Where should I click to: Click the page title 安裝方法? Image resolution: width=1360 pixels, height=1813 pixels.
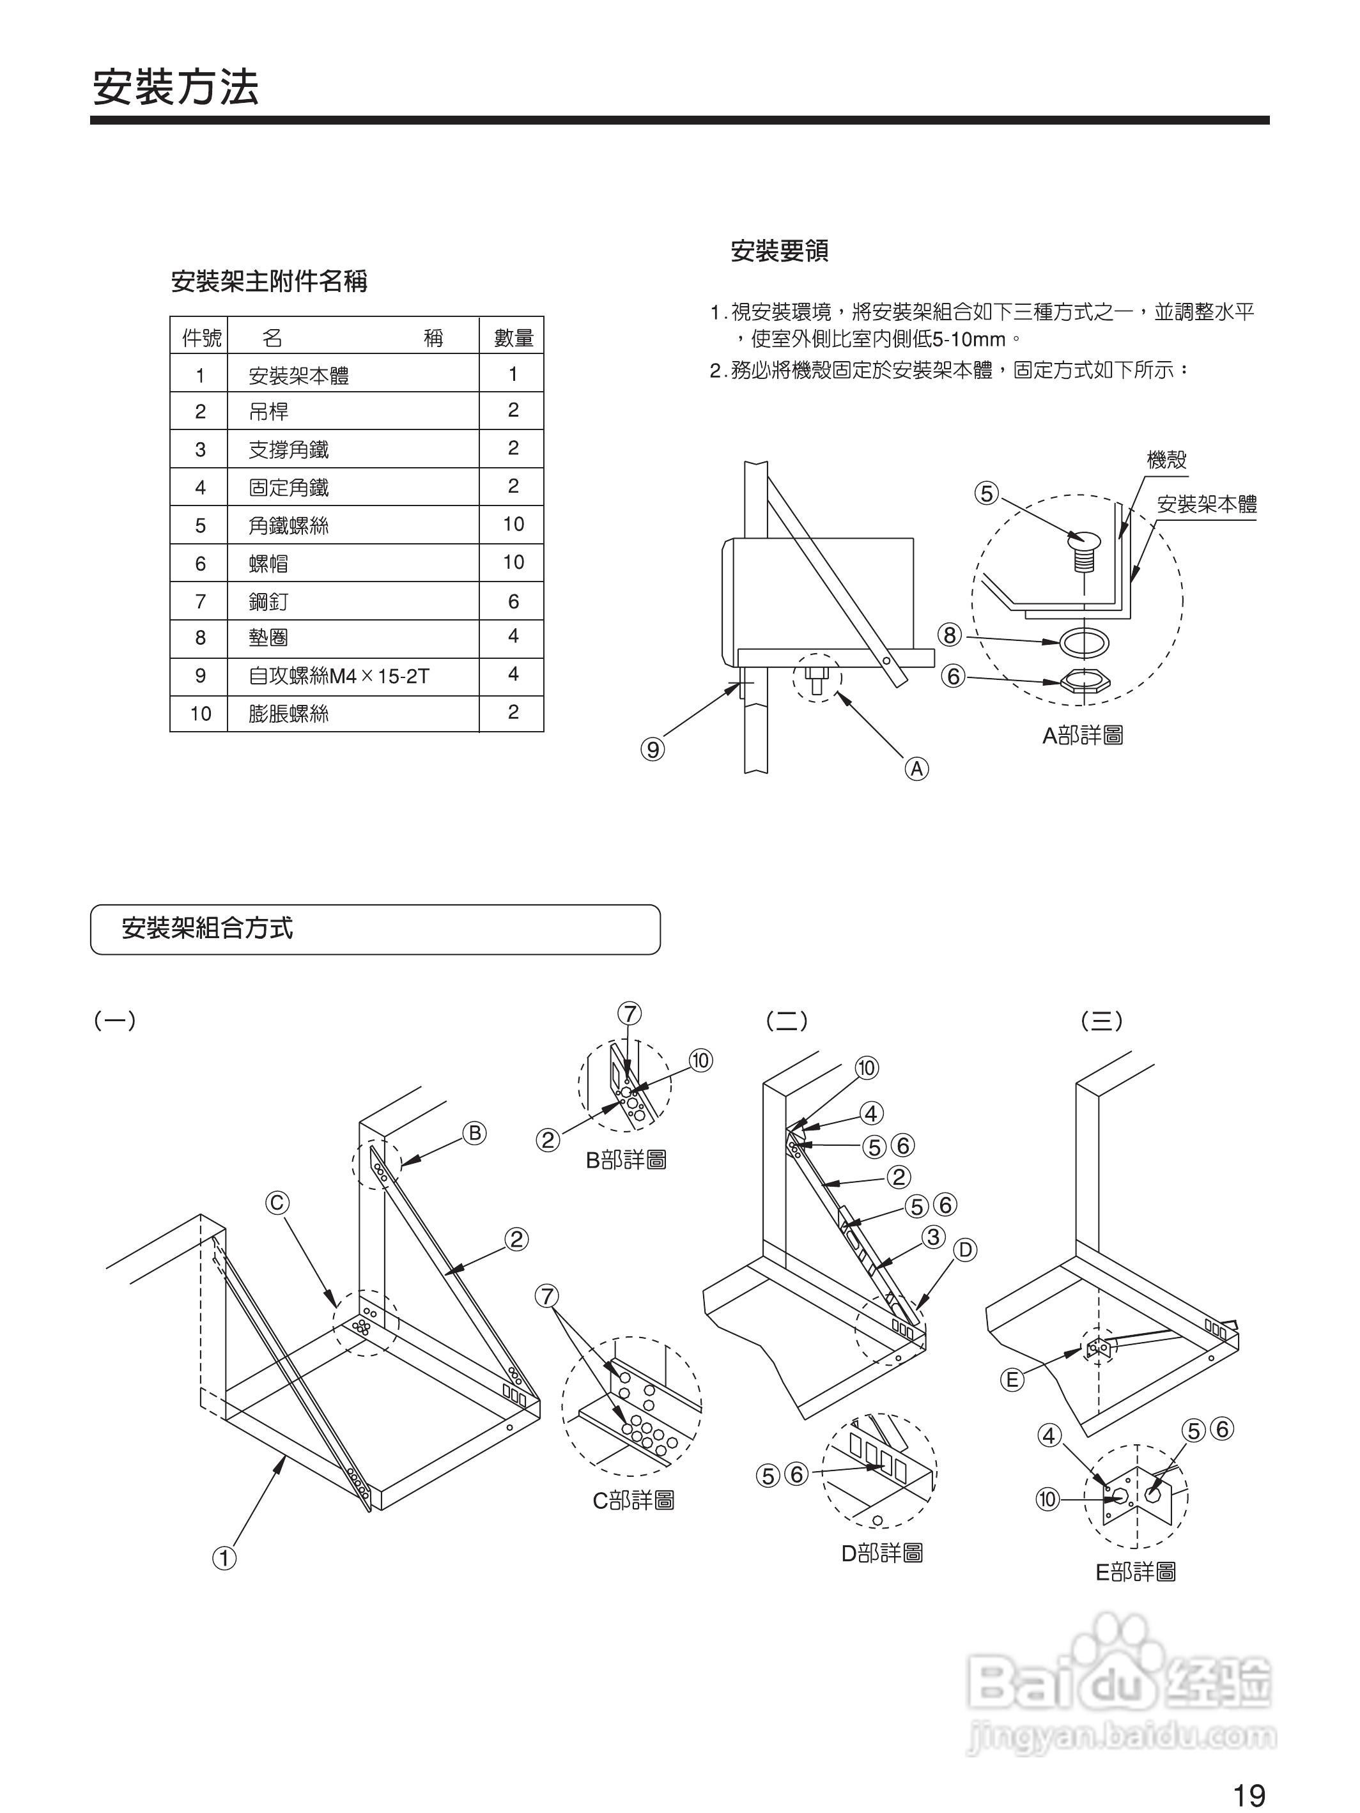coord(174,87)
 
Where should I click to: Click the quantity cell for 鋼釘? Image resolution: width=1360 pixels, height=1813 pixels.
coord(513,601)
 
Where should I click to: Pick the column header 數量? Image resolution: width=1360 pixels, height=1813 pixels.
coord(513,337)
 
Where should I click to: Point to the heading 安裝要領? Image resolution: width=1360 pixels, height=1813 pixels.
coord(779,251)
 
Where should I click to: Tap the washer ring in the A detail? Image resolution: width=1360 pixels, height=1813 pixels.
coord(1084,642)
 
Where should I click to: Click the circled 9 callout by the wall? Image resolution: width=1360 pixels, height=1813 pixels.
coord(653,749)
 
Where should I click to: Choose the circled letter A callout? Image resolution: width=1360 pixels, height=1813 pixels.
coord(916,769)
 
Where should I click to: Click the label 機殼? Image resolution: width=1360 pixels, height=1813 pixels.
coord(1166,460)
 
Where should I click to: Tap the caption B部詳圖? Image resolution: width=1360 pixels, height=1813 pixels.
coord(626,1160)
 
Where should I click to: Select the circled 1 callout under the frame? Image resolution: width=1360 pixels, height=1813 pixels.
coord(224,1557)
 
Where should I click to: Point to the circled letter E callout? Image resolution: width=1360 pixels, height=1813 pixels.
coord(1012,1380)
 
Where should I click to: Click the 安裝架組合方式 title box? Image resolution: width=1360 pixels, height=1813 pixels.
coord(375,929)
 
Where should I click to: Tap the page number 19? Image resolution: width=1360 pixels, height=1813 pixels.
coord(1249,1795)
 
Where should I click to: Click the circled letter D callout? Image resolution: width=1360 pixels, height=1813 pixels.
coord(965,1250)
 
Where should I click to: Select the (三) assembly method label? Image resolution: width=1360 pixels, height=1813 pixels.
coord(1102,1021)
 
